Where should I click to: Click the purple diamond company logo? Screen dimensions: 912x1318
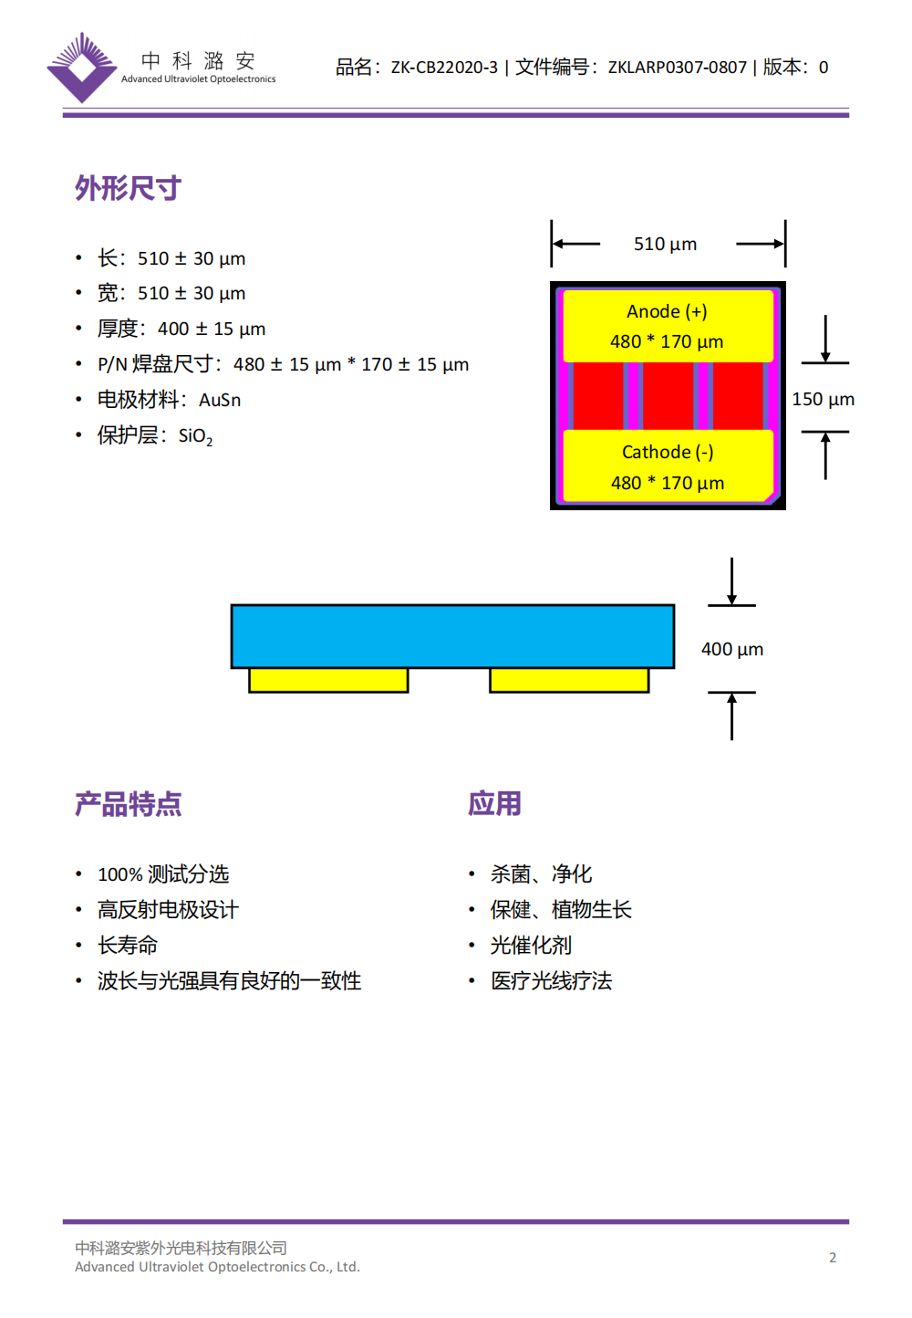coord(82,68)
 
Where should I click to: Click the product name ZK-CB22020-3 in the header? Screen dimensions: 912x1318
coord(444,68)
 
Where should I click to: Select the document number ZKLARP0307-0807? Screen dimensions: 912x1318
coord(677,68)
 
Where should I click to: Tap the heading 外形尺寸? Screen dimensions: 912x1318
coord(128,188)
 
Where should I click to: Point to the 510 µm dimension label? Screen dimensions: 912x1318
coord(665,244)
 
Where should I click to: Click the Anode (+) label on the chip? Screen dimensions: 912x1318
coord(667,311)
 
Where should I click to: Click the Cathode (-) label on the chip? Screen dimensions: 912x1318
coord(668,452)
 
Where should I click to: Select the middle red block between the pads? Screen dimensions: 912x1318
coord(668,396)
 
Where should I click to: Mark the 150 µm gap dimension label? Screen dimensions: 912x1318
coord(823,399)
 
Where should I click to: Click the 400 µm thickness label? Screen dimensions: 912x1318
coord(732,649)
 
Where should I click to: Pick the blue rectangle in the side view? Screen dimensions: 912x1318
coord(452,636)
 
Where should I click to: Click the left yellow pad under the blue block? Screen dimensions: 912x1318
coord(328,680)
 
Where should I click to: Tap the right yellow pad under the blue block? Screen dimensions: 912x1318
coord(569,680)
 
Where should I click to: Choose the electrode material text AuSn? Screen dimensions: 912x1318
coord(220,400)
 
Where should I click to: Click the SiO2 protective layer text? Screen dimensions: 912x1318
coord(195,436)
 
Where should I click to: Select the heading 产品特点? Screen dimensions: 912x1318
coord(128,804)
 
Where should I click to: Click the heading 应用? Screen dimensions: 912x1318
coord(494,804)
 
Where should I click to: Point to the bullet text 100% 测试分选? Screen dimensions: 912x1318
coord(163,874)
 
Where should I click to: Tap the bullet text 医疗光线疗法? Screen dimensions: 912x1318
coord(551,981)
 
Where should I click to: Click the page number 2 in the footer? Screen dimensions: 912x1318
coord(833,1258)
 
